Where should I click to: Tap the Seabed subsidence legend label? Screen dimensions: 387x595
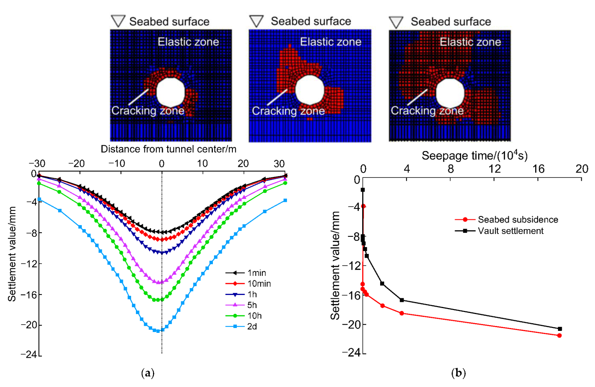click(x=518, y=220)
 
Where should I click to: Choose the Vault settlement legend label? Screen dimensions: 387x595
click(x=510, y=231)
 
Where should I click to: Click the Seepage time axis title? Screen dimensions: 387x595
click(x=475, y=156)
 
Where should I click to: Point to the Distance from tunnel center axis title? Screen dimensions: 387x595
click(x=168, y=149)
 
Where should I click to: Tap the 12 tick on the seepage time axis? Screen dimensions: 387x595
click(x=494, y=169)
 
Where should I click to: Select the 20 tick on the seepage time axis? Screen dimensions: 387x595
click(x=582, y=169)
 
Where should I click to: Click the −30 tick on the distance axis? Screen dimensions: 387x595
click(x=37, y=164)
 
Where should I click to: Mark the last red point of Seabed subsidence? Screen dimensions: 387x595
click(x=560, y=336)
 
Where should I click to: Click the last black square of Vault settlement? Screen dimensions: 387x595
click(x=560, y=329)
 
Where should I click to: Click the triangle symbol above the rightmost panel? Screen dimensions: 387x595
click(x=396, y=22)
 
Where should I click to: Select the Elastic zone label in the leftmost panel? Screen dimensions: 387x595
click(x=188, y=42)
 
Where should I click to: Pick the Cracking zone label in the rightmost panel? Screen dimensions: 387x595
click(x=427, y=111)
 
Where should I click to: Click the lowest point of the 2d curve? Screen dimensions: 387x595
click(x=158, y=331)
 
